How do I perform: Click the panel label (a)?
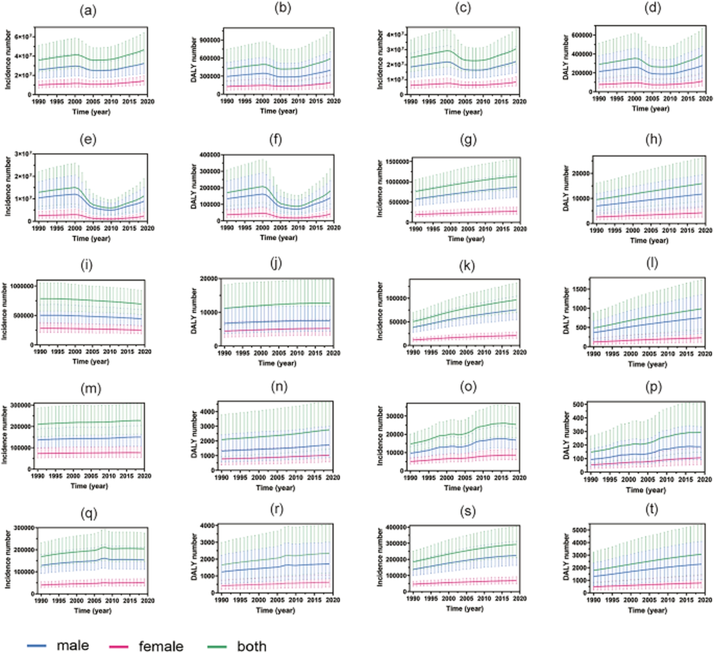point(88,11)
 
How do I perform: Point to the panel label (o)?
point(467,387)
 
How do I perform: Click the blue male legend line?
point(36,645)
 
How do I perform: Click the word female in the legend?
point(161,646)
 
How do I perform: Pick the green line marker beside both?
point(217,646)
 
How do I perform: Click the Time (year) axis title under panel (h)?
point(649,240)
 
